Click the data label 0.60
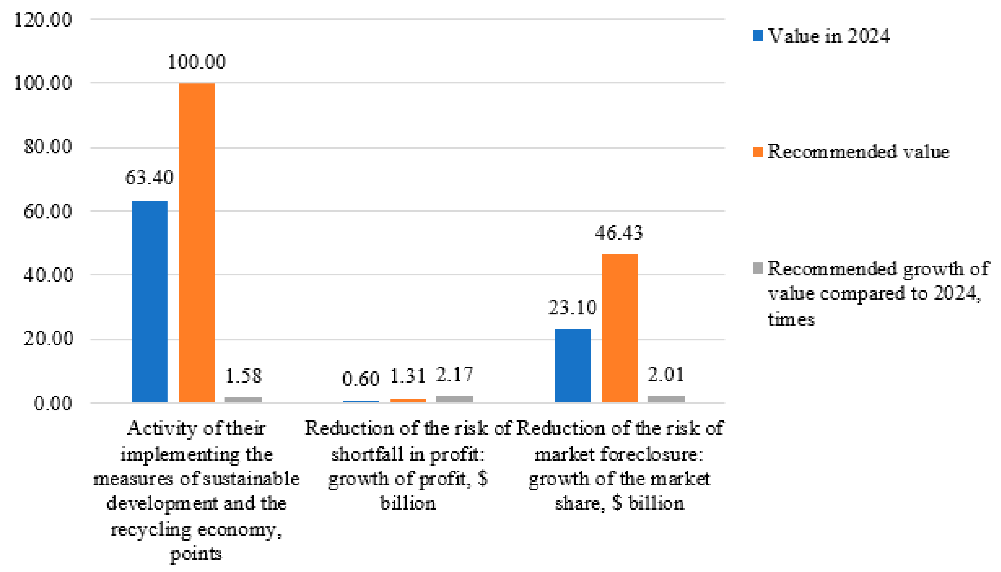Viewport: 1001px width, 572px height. (x=360, y=379)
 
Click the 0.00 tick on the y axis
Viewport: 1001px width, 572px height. (x=53, y=403)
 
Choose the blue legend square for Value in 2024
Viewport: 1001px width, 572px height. (x=758, y=36)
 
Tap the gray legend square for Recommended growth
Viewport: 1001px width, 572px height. (x=758, y=268)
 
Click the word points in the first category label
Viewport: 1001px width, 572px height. (x=196, y=554)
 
